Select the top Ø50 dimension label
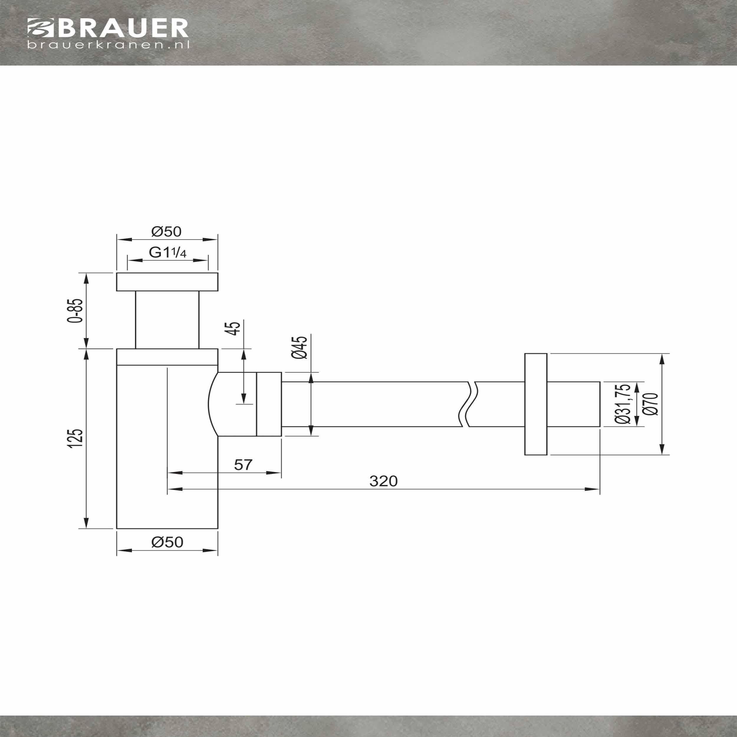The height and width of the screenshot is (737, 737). coord(166,231)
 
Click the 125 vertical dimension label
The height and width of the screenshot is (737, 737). coord(75,438)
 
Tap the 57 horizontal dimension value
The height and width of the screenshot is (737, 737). coord(243,465)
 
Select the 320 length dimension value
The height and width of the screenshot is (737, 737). coord(383,481)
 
